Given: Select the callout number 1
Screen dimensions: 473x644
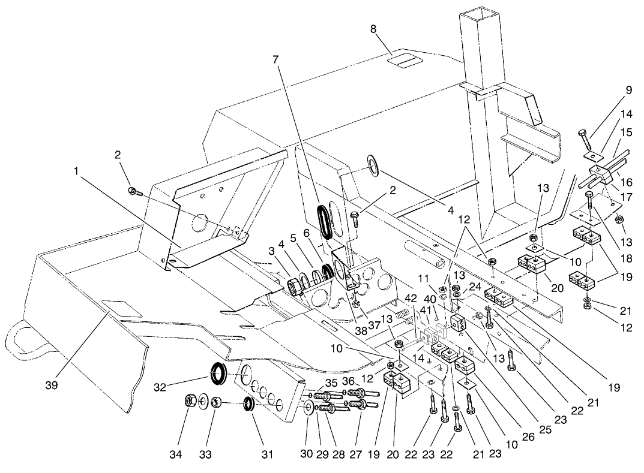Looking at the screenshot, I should point(76,171).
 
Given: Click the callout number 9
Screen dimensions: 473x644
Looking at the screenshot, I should point(628,91).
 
